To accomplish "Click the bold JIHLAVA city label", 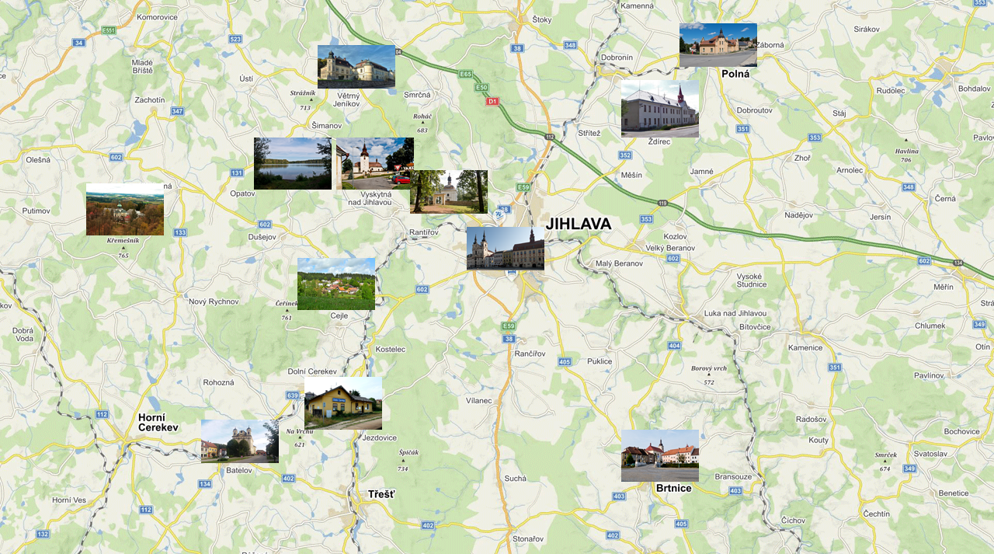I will (578, 225).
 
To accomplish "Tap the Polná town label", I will (735, 75).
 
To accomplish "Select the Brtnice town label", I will (673, 488).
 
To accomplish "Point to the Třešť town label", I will (381, 494).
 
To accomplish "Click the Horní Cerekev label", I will (158, 423).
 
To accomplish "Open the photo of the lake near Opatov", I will (293, 163).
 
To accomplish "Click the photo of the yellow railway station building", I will (343, 403).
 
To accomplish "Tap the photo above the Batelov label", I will (240, 441).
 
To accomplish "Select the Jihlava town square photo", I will (506, 248).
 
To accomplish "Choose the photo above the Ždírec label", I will (660, 109).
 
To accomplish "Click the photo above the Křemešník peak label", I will (125, 209).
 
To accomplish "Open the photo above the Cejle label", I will (336, 284).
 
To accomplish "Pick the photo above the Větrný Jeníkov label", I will (356, 66).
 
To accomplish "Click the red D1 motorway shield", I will (492, 101).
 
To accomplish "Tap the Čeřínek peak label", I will (287, 303).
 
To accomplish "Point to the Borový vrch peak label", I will (709, 368).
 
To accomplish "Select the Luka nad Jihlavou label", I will (735, 313).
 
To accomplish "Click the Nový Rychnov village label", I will (214, 301).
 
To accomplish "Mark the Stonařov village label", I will (527, 538).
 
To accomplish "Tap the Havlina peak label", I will (906, 152).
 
